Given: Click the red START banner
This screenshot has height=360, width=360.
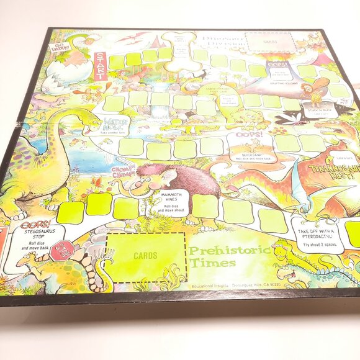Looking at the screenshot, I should [x=100, y=64].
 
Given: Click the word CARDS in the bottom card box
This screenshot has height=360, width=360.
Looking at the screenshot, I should [x=145, y=254].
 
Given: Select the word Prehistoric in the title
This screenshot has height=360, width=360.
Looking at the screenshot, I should [x=230, y=251].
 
